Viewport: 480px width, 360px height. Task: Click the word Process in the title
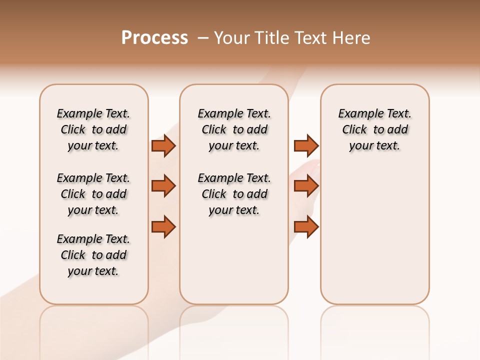click(154, 38)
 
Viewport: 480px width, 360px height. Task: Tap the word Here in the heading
click(352, 38)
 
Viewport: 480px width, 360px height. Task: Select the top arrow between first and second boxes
click(163, 145)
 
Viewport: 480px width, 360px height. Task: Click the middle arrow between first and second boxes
click(163, 186)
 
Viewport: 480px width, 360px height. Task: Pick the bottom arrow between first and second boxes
click(163, 226)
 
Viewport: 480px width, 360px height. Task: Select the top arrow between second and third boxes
click(306, 145)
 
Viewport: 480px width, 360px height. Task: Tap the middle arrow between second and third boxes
click(306, 186)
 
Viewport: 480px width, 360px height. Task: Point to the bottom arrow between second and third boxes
click(306, 226)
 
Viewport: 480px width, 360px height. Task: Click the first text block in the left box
click(93, 129)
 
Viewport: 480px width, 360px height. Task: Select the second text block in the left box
click(93, 194)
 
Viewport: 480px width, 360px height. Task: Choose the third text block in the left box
click(93, 255)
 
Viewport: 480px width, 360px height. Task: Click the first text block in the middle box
click(234, 129)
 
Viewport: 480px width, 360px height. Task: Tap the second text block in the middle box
click(234, 194)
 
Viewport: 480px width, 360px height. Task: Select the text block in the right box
click(374, 129)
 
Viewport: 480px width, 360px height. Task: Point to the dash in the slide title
click(203, 38)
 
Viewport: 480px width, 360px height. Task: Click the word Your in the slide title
click(232, 38)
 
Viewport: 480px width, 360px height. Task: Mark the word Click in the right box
click(354, 130)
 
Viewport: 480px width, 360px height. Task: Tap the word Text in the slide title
click(311, 38)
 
